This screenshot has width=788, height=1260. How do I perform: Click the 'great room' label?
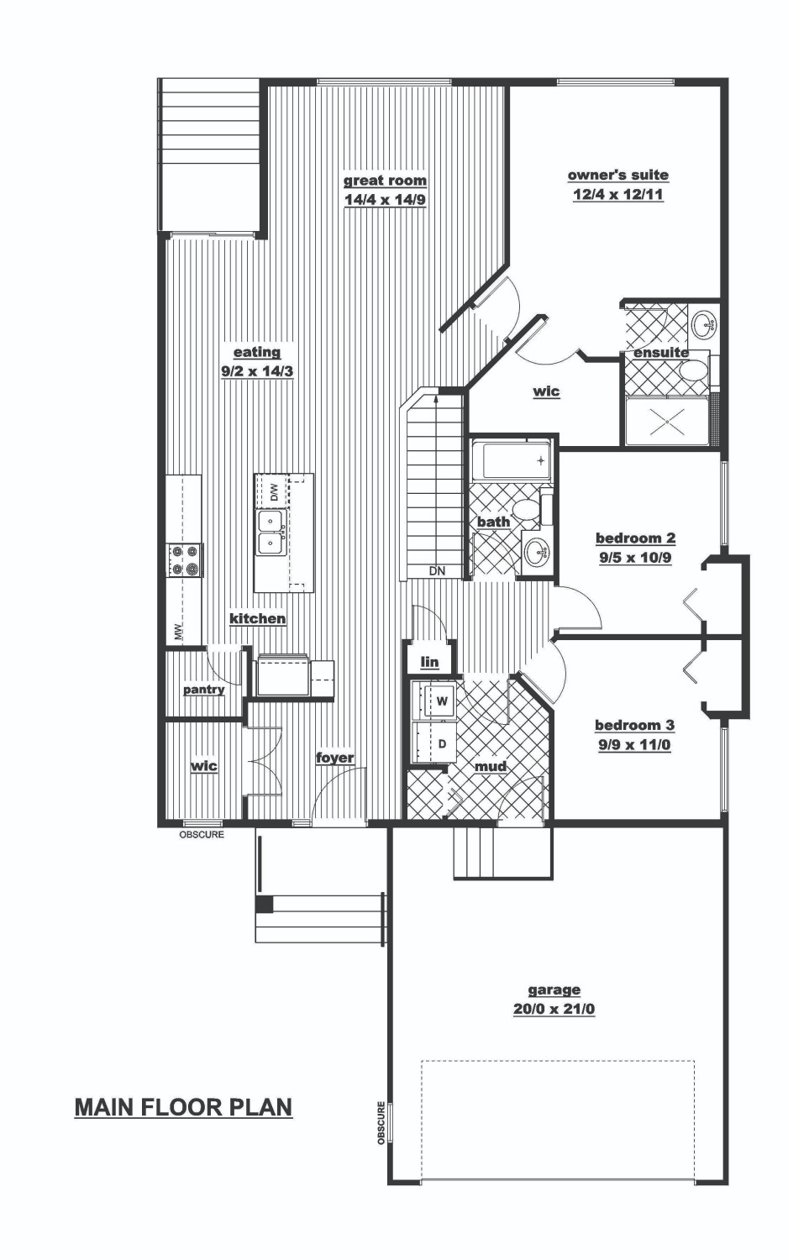point(385,181)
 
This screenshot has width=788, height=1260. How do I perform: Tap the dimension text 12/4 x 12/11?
point(618,195)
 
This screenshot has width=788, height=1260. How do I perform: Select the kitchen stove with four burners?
point(184,559)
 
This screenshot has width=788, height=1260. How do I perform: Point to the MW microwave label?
point(179,633)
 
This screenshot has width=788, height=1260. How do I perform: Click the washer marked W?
point(434,701)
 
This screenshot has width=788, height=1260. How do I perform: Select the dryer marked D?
point(434,743)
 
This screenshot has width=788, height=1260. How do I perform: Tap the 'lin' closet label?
point(430,662)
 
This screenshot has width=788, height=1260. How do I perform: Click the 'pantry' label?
point(203,690)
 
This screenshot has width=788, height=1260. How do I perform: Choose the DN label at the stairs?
point(437,571)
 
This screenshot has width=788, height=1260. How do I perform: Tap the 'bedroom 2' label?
point(636,538)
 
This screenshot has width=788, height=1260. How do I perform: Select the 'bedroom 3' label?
point(635,725)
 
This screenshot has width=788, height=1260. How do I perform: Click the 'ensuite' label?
point(661,353)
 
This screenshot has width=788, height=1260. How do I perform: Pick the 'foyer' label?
point(334,758)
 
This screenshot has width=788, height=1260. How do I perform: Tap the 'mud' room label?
point(491,766)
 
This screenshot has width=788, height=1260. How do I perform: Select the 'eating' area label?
point(257,352)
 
